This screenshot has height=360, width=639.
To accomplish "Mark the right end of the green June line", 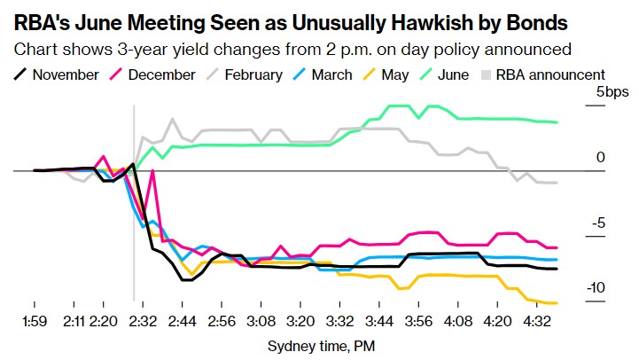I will (x=557, y=122).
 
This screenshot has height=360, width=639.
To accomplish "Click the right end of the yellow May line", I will (x=557, y=303).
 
